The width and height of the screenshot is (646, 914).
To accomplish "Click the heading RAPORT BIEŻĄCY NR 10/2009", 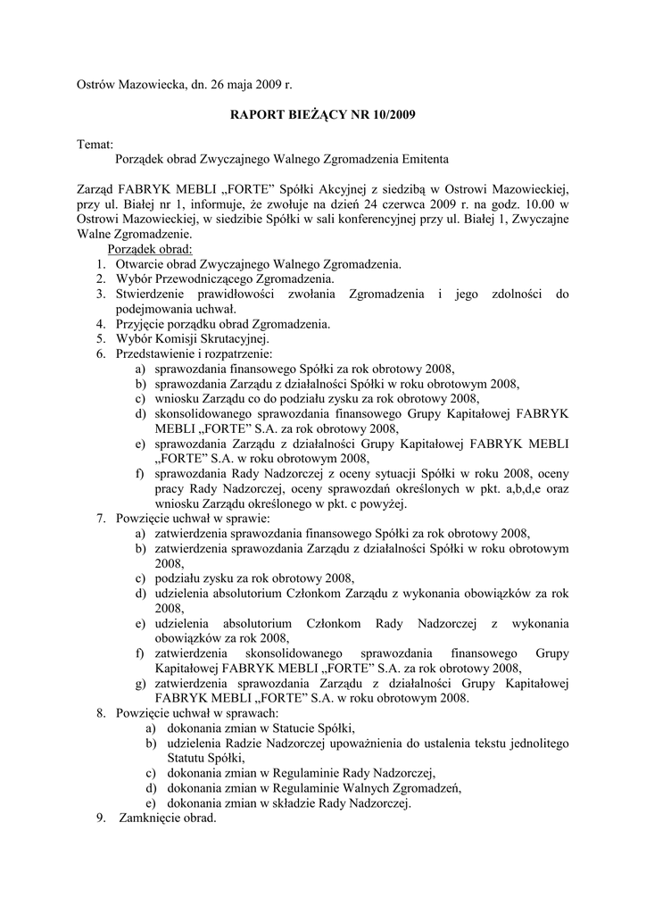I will click(x=323, y=114).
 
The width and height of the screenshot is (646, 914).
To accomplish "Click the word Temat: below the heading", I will click(x=95, y=144).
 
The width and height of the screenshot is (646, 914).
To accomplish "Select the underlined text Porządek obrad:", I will click(x=156, y=249).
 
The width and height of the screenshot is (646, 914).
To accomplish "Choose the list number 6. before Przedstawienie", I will click(x=102, y=353).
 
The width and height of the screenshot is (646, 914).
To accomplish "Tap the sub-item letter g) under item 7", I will click(x=141, y=684).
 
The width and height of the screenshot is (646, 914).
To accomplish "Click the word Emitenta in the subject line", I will click(x=423, y=159).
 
